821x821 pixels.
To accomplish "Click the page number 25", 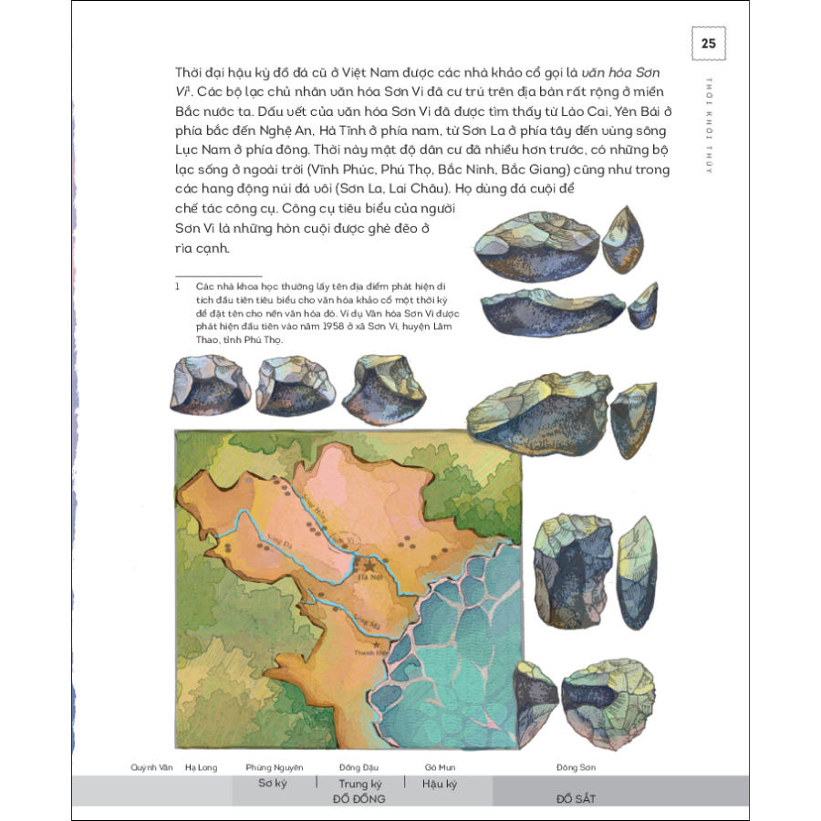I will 708,43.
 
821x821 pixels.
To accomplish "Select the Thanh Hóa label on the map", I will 370,654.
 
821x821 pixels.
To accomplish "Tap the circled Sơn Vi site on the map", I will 341,539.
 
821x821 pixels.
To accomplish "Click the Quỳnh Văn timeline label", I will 151,767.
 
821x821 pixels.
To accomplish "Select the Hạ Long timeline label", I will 201,767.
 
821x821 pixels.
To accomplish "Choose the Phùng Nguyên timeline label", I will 274,767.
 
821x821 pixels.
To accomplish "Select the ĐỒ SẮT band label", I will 576,798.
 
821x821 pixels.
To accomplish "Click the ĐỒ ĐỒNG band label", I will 359,798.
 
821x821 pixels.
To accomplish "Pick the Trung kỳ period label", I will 359,784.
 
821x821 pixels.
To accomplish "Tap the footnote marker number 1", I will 180,285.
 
